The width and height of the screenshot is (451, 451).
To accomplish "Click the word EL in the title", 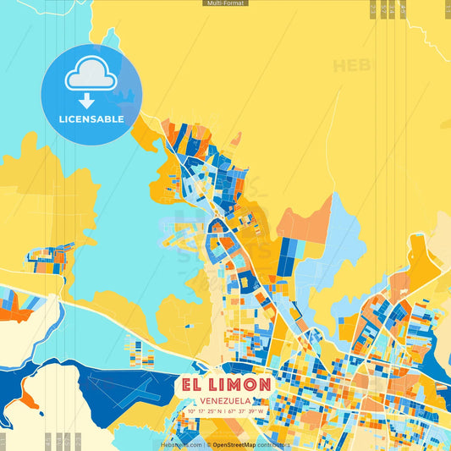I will point(191,384).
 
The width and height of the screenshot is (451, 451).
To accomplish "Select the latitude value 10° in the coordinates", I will point(192,411).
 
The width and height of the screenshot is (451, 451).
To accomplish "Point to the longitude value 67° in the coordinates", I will point(231,411).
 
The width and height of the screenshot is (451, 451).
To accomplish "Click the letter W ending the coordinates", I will point(261,411).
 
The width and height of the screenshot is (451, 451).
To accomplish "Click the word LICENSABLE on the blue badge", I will point(91,119).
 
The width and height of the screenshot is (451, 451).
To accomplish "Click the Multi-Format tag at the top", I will point(225,3).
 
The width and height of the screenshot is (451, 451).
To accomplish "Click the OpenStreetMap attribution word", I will point(234,444).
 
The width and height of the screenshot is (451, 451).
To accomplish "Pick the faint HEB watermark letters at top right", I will point(351,65).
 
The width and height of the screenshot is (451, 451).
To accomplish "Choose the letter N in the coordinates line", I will point(220,411).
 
